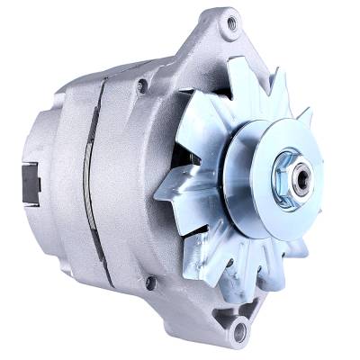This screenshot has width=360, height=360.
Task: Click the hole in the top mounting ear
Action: tap(231, 24)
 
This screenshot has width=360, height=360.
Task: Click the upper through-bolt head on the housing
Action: tap(142, 85)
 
